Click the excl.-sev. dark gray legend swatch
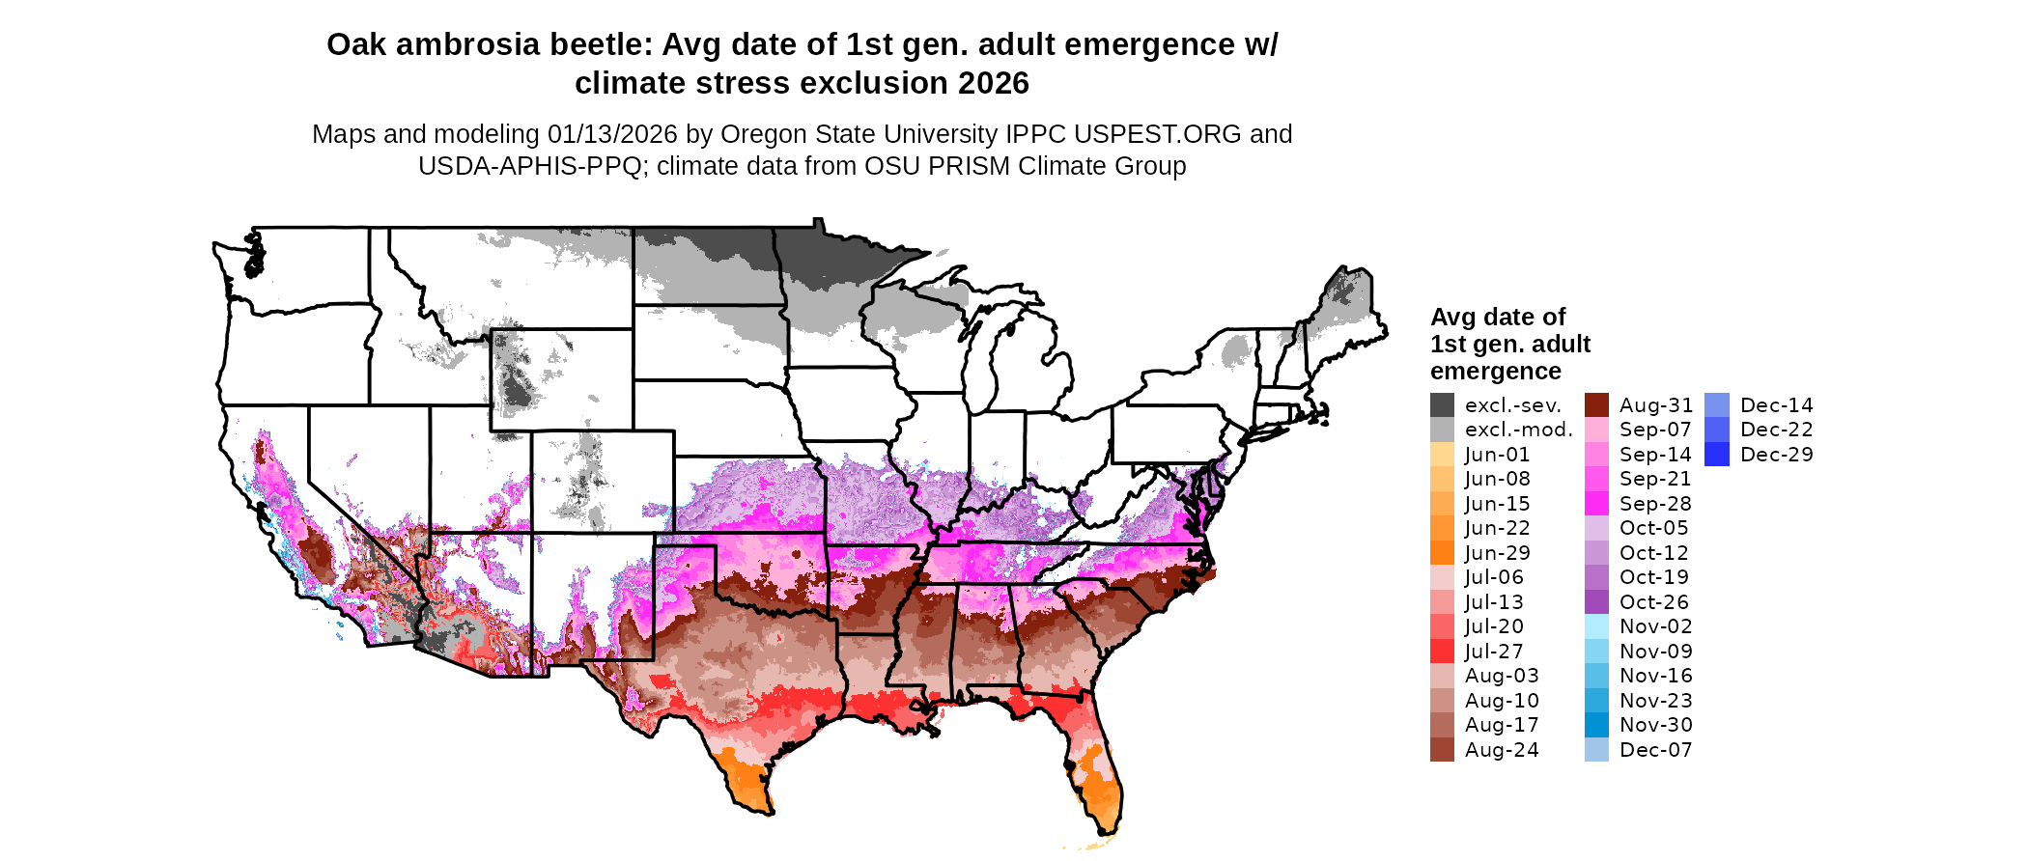click(x=1442, y=405)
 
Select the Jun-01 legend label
click(x=1497, y=455)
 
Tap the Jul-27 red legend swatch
click(x=1442, y=652)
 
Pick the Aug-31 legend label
click(x=1655, y=405)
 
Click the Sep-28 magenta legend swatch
click(x=1596, y=504)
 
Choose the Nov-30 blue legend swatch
click(x=1596, y=725)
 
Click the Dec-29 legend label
click(x=1776, y=455)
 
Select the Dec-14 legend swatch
click(x=1717, y=405)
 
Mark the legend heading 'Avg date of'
click(x=1497, y=318)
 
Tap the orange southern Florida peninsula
click(x=1101, y=787)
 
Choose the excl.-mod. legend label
click(x=1518, y=430)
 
